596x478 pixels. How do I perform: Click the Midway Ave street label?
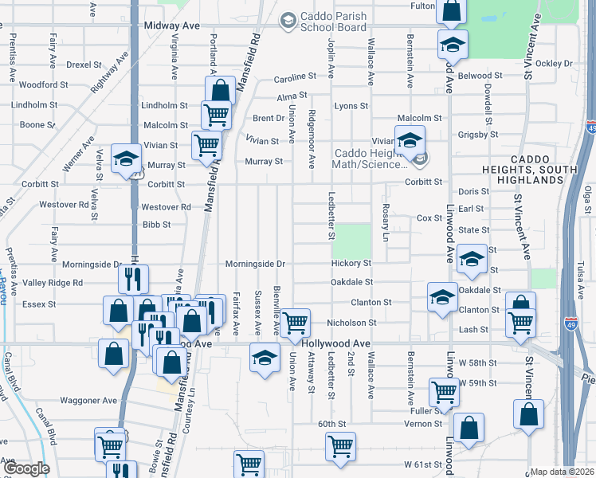171,25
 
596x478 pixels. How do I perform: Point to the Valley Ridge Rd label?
53,283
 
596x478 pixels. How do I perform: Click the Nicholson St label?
351,323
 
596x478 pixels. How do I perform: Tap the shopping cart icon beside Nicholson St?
296,323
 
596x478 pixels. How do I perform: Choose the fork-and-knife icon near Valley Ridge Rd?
133,279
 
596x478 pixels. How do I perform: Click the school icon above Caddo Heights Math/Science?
410,140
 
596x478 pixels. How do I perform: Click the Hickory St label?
352,263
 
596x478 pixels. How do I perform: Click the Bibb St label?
156,225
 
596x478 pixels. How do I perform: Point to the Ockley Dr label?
555,63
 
